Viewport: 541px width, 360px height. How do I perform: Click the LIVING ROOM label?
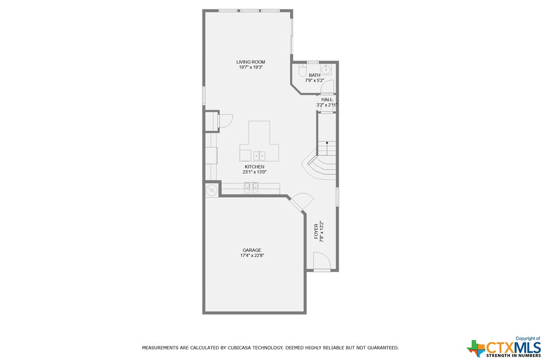[251, 62]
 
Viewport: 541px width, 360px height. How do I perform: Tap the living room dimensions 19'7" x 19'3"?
[251, 67]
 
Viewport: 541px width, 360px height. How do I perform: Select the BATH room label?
[314, 75]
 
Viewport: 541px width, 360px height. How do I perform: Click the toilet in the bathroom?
[302, 70]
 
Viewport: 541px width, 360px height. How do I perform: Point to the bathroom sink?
[326, 69]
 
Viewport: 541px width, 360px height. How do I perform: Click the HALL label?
[327, 100]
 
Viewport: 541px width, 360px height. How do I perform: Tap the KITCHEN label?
[255, 167]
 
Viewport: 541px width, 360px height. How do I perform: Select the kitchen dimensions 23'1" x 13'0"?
[255, 172]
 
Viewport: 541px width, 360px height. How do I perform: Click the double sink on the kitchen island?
[259, 156]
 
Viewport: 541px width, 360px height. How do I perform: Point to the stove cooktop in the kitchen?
[251, 188]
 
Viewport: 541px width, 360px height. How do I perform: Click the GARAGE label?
[252, 250]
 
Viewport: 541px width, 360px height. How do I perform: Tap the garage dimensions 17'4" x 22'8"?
[252, 255]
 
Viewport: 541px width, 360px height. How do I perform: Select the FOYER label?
[316, 231]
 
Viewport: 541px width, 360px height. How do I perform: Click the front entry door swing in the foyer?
[322, 261]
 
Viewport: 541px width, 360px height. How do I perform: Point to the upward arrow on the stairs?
[327, 147]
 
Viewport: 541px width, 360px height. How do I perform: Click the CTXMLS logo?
[504, 348]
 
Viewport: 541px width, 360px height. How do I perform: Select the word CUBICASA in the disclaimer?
[241, 348]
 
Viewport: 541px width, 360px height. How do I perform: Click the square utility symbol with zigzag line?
[211, 190]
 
